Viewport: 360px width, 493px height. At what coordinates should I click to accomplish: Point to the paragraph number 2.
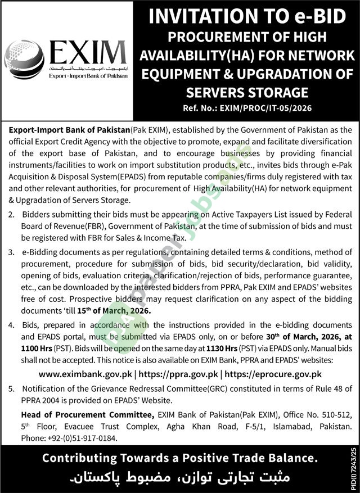point(11,214)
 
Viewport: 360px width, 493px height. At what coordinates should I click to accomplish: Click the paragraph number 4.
point(11,325)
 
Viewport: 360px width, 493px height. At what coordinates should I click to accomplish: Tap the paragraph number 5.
point(11,388)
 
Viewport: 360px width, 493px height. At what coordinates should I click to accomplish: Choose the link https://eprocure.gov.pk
point(274,373)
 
